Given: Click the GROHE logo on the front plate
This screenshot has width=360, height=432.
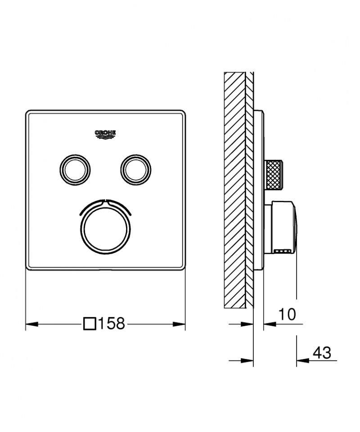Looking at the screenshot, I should (x=105, y=134).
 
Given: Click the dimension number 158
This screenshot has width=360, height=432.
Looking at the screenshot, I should (x=111, y=324).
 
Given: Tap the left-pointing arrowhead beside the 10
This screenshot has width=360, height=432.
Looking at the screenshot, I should (x=269, y=323).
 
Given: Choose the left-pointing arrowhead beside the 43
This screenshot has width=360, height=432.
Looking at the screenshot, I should (x=302, y=360).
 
